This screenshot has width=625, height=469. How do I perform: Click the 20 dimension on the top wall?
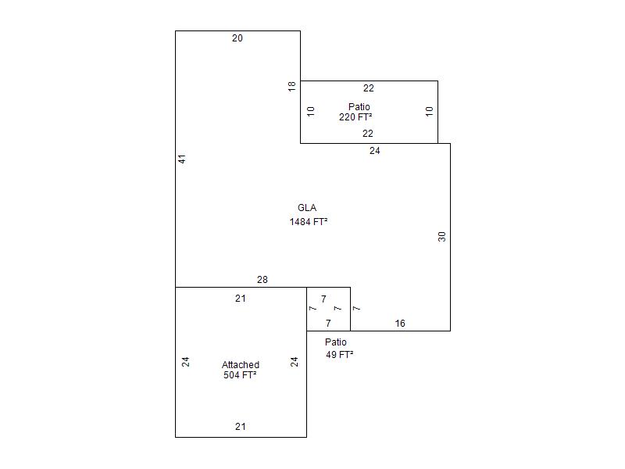point(237,38)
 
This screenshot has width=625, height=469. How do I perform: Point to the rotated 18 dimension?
point(292,86)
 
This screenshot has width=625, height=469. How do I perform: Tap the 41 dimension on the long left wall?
point(182,159)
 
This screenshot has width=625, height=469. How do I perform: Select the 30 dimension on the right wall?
point(441,237)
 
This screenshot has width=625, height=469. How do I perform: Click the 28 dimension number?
point(262,280)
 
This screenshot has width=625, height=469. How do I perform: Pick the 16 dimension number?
point(400,324)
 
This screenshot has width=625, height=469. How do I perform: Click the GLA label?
point(307,208)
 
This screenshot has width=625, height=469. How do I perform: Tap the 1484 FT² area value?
point(309,222)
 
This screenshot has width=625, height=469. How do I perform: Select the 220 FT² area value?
point(355,116)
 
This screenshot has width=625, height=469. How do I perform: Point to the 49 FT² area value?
point(340,355)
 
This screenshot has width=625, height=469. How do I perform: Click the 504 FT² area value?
point(240,375)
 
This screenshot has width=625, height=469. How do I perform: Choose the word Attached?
point(241,365)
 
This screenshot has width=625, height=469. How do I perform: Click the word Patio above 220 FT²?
point(359,107)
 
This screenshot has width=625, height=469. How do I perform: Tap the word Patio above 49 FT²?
point(336,342)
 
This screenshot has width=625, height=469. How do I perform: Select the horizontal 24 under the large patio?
point(375,151)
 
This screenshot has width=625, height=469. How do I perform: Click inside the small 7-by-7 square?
point(328,309)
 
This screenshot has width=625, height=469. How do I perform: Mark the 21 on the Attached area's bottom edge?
point(241,427)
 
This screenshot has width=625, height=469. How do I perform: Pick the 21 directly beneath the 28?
point(241,299)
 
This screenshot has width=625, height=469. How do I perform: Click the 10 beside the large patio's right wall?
point(429,111)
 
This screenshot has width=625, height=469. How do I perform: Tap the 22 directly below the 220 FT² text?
point(368,134)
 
